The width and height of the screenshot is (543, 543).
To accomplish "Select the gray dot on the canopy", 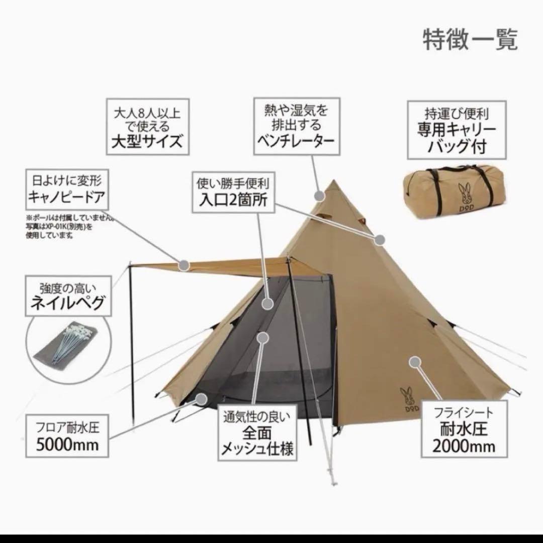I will pyautogui.click(x=184, y=263).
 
